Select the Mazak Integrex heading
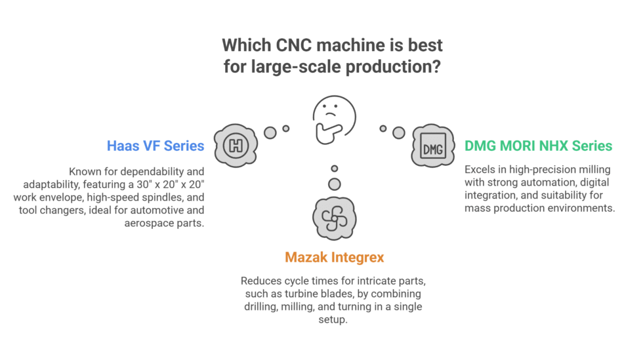pos(334,258)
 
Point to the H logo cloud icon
pos(235,145)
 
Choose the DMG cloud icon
pos(433,146)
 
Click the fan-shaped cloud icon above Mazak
pos(334,215)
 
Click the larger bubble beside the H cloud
pos(270,132)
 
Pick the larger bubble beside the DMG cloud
pos(398,132)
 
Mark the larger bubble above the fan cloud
pos(334,184)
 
